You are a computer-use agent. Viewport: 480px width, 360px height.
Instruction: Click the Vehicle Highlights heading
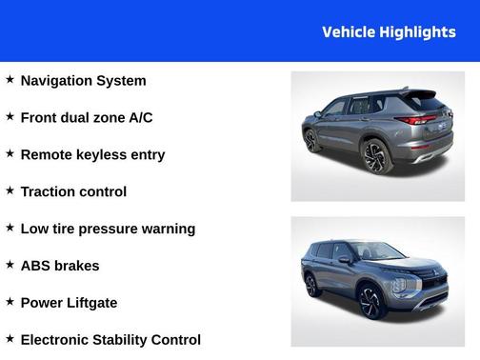(389, 32)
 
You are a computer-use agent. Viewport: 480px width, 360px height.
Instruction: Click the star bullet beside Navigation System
(10, 80)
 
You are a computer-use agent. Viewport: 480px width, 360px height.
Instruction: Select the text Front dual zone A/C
(86, 118)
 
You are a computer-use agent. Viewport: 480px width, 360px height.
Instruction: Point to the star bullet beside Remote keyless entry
(10, 154)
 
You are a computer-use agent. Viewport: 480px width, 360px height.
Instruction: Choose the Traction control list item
(73, 192)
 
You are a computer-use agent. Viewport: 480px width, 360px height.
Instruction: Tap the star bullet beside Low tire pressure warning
(10, 229)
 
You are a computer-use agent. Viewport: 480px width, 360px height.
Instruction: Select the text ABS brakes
(59, 267)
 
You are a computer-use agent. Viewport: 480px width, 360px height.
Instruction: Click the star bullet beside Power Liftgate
(10, 302)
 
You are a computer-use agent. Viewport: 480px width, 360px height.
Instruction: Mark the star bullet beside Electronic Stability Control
(10, 339)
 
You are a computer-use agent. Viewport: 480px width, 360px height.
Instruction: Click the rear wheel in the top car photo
(376, 155)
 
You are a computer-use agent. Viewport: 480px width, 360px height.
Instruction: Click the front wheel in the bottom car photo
(371, 302)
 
